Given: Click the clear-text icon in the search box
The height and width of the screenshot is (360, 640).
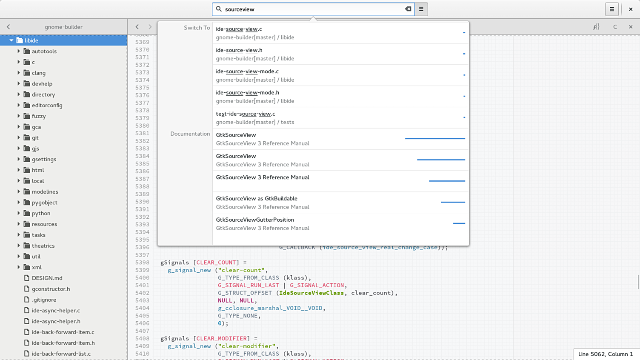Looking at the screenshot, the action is tap(408, 9).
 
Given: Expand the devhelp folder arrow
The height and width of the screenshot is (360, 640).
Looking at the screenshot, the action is tap(19, 83).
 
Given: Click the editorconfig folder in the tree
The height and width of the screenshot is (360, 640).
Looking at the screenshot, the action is tap(47, 106).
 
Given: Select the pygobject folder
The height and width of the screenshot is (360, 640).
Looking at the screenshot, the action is tap(45, 203).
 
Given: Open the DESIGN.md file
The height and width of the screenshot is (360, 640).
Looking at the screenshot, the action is tap(47, 278).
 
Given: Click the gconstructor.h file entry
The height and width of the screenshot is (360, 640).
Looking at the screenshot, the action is tap(51, 289).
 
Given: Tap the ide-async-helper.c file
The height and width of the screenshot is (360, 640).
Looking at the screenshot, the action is tap(56, 311).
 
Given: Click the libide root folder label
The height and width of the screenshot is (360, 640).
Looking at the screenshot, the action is tap(31, 40).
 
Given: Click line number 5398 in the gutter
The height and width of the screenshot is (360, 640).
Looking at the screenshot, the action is tap(142, 263).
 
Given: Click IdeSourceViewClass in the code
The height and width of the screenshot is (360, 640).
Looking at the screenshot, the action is tap(311, 293).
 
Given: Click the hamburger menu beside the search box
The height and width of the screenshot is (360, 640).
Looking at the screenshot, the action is tap(421, 9).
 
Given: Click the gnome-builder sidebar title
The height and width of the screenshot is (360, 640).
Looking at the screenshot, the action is tap(63, 27).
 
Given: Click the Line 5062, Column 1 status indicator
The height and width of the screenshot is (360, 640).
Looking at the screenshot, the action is tap(606, 354).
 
